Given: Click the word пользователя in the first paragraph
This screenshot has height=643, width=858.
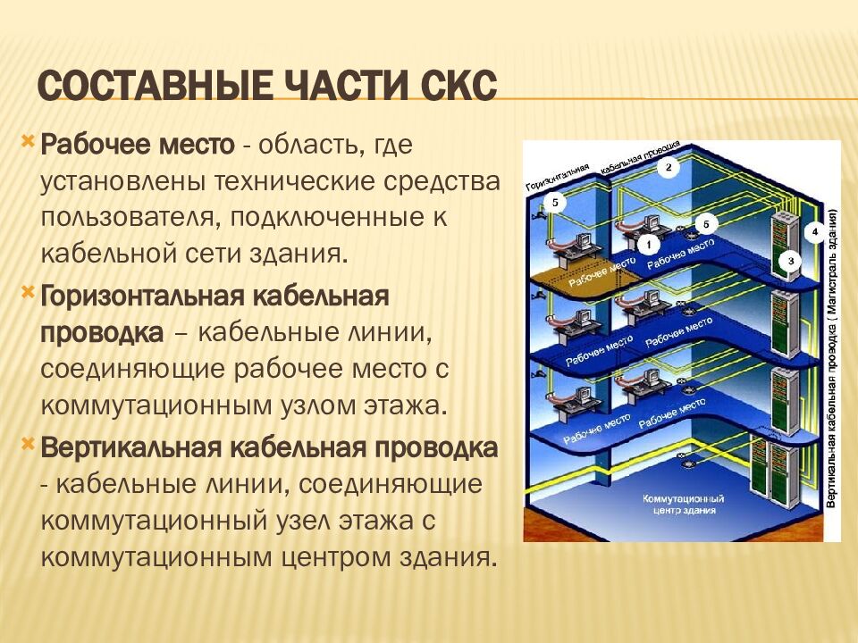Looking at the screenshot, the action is (x=129, y=218).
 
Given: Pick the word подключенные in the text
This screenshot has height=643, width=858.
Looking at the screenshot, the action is (x=327, y=218).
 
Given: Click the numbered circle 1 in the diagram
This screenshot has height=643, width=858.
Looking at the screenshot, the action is (x=650, y=245).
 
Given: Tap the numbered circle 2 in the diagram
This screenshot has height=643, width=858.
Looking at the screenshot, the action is (x=669, y=167).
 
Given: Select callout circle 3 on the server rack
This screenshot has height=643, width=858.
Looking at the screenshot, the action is (x=790, y=262).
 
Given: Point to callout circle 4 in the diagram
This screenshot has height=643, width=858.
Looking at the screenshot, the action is (x=815, y=232).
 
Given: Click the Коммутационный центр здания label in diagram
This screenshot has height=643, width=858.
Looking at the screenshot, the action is (x=684, y=504).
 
